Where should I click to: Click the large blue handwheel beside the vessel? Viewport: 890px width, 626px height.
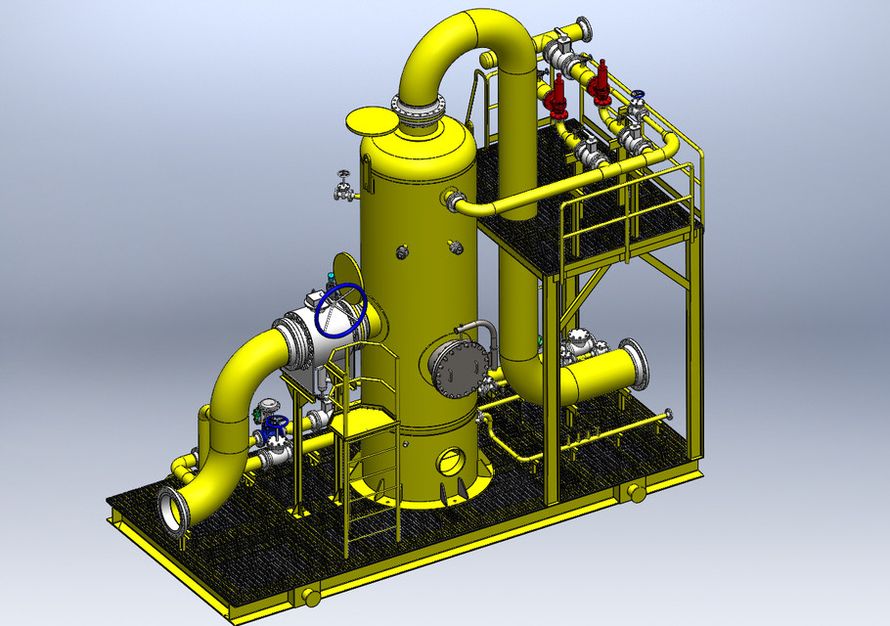point(344,311)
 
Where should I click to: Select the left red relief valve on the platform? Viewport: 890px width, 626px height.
point(557,98)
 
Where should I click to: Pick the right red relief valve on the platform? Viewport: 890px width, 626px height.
point(600,85)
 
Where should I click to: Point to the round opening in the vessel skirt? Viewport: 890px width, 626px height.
point(452,459)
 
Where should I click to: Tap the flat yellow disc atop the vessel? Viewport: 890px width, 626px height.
point(373,122)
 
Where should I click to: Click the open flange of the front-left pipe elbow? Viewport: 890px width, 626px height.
point(173,512)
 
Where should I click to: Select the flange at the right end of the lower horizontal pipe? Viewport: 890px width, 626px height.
point(634,361)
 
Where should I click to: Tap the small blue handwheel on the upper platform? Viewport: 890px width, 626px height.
point(639,97)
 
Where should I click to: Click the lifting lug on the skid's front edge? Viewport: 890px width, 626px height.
point(307,596)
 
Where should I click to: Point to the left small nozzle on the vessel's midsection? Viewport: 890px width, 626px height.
point(403,252)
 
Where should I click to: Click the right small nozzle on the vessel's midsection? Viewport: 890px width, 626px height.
point(457,246)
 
